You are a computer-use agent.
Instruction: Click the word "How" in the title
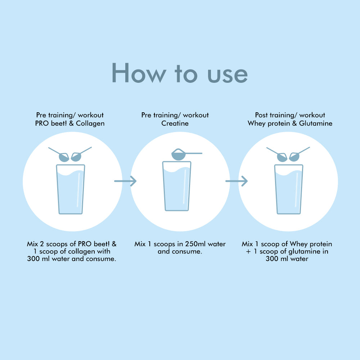(139, 73)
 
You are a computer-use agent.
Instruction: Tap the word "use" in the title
(228, 75)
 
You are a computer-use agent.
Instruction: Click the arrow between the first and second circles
(125, 181)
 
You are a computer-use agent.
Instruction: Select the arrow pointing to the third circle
(237, 181)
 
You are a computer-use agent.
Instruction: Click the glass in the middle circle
(177, 186)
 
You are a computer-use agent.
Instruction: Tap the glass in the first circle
(71, 189)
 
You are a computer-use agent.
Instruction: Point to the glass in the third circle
(289, 189)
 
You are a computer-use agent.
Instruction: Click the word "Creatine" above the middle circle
(175, 123)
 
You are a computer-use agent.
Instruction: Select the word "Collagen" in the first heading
(90, 123)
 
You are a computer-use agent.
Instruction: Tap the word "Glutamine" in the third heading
(316, 123)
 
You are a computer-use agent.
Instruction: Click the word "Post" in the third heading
(261, 115)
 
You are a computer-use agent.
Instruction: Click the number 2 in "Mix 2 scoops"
(42, 244)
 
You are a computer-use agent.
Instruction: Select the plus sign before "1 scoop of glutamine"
(248, 252)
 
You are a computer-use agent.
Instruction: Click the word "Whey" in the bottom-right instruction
(299, 244)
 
